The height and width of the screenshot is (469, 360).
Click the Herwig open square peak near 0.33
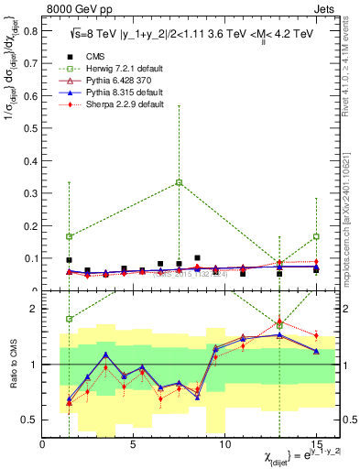click(179, 182)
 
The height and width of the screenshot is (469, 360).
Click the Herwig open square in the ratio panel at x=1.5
click(70, 319)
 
